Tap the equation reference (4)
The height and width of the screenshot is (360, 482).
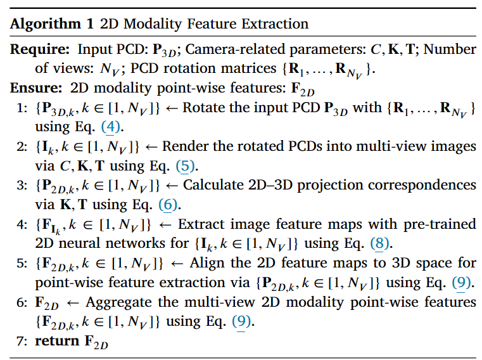[x=111, y=127]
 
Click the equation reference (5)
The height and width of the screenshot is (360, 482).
[x=186, y=166]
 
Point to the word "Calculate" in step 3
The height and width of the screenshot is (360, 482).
[x=196, y=186]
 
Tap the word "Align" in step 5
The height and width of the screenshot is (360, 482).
[x=198, y=263]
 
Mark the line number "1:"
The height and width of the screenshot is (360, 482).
[x=20, y=108]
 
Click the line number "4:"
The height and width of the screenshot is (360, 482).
[x=20, y=224]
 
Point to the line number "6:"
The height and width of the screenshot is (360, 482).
[x=20, y=302]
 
